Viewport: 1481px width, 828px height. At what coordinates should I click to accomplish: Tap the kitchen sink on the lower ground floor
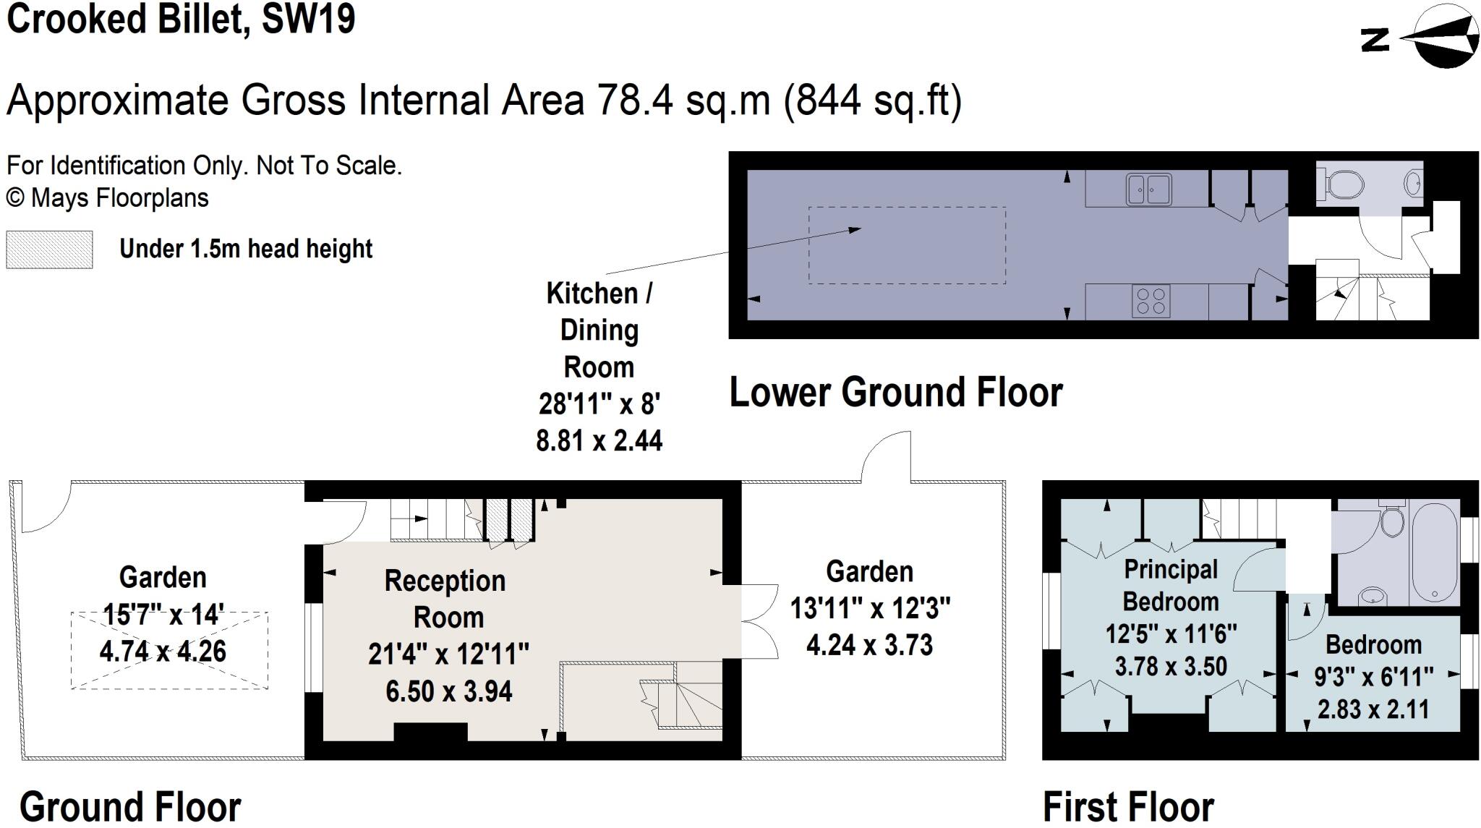1148,189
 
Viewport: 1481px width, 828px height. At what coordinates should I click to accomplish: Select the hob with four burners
1151,302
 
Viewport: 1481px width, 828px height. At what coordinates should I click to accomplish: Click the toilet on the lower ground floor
1341,184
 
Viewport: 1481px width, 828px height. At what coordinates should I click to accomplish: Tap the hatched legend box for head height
49,249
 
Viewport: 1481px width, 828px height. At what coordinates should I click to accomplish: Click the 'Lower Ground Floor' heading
895,393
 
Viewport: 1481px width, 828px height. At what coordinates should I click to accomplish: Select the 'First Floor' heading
1128,806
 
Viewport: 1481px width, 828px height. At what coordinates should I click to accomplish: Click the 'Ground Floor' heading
130,806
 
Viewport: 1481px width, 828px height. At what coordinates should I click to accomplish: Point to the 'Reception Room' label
446,599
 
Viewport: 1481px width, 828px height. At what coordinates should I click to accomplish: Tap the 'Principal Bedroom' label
1171,585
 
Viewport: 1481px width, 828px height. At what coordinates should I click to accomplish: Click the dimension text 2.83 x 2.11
1373,709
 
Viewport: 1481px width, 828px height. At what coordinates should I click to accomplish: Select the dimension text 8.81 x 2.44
599,440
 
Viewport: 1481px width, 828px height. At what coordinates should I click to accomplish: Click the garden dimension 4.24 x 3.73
869,644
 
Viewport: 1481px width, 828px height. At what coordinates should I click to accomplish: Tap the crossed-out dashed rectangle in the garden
169,651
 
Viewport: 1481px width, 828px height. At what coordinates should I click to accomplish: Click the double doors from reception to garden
759,620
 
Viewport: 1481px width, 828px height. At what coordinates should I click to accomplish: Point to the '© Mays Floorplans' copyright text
108,198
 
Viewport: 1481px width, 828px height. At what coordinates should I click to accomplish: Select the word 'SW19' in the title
309,20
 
